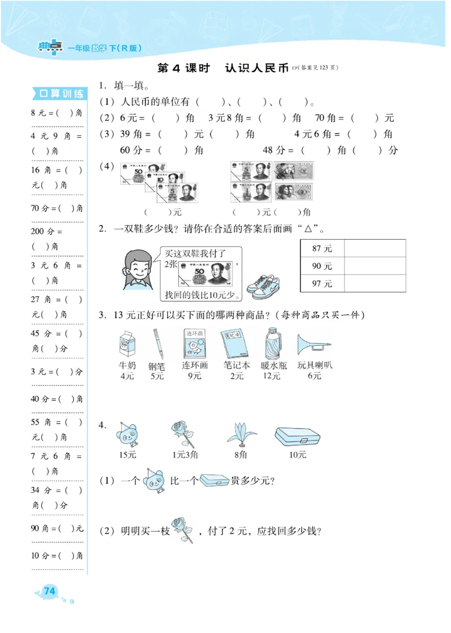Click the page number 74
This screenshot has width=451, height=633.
pos(50,591)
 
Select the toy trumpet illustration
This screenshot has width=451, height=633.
pos(315,342)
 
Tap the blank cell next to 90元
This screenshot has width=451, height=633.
pos(374,266)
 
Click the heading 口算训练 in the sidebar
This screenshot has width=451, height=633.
pos(59,94)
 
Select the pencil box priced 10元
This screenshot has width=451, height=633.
pos(297,436)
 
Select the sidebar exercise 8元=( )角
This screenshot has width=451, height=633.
pos(57,113)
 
